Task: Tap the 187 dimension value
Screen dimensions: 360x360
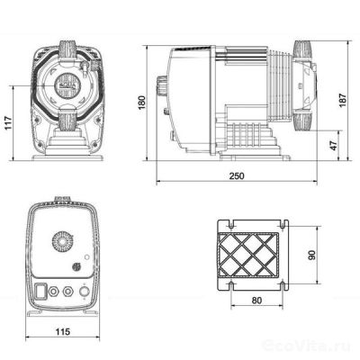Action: [342, 100]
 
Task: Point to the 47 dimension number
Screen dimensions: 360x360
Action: [334, 144]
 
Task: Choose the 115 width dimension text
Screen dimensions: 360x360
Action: [62, 332]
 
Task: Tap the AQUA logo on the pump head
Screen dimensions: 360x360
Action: [63, 88]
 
